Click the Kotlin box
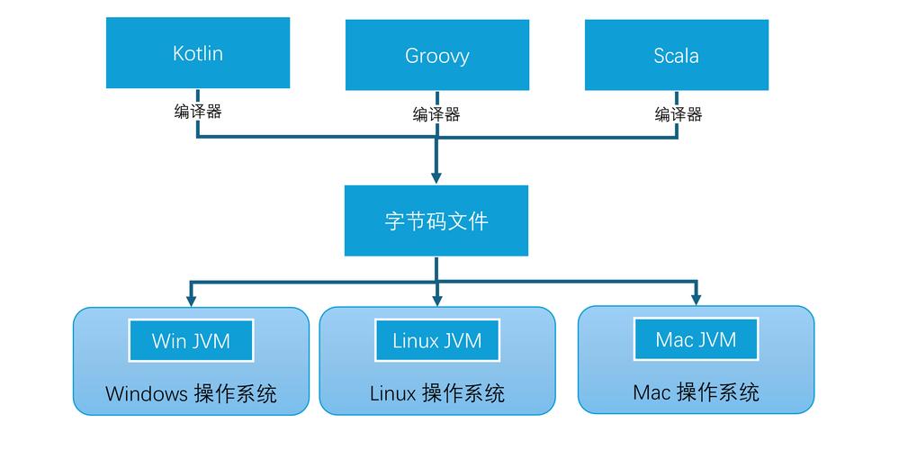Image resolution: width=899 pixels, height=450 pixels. tap(198, 53)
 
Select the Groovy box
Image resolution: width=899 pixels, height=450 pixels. tap(436, 56)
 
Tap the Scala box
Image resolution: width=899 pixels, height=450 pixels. tap(677, 56)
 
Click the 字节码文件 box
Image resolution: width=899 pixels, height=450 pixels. tap(436, 220)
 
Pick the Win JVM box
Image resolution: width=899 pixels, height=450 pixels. tap(191, 341)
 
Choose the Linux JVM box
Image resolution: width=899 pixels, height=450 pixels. tap(436, 341)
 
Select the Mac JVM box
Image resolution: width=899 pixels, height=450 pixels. tap(696, 339)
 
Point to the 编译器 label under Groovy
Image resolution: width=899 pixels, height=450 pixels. tap(436, 114)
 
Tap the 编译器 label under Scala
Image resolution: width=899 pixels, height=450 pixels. tap(678, 114)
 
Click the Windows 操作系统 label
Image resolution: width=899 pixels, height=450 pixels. tap(191, 393)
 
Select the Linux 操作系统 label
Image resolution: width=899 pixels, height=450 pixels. tap(436, 393)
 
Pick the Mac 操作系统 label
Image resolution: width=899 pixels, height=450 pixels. tap(696, 391)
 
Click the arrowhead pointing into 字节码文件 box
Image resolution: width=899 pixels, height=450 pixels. tap(436, 177)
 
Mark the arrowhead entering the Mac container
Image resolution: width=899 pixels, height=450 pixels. tap(696, 298)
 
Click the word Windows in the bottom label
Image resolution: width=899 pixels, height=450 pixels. tap(145, 393)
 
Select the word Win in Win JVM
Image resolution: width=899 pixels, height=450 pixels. tap(168, 341)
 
